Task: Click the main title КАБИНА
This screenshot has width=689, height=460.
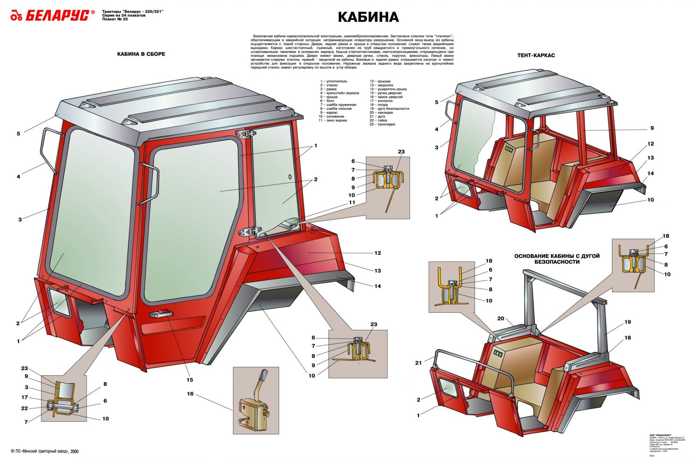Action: pos(368,17)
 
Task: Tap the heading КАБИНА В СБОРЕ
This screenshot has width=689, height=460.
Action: pos(141,54)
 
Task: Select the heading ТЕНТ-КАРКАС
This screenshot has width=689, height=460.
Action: pos(536,55)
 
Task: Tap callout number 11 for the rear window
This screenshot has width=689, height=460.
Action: pos(352,202)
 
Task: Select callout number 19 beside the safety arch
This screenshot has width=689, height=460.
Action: pos(627,322)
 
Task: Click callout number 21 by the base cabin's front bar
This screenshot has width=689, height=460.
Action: pos(419,363)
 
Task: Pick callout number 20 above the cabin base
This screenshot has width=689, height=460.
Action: pos(500,319)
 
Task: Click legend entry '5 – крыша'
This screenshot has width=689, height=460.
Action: pos(329,97)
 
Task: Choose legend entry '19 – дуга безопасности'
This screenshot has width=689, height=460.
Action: pos(389,109)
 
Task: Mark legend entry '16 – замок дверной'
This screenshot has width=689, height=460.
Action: pos(386,97)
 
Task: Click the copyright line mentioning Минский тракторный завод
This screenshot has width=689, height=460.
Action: pos(45,451)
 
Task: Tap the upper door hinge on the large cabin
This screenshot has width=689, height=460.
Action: pos(245,135)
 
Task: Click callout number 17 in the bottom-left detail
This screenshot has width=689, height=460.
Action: pos(25,398)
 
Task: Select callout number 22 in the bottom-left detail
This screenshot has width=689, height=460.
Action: pos(25,408)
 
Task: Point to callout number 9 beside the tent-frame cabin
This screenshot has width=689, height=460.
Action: pos(652,128)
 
